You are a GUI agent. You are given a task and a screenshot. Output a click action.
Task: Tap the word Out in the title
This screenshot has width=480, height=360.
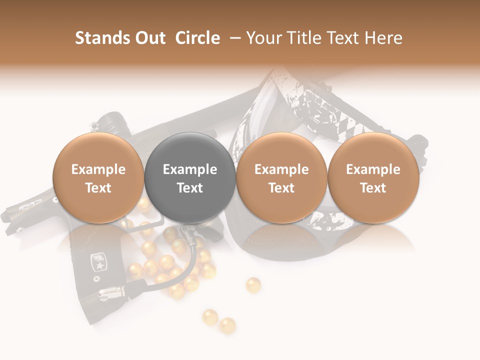tap(148, 38)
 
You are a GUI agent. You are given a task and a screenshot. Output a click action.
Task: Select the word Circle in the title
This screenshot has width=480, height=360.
tap(197, 38)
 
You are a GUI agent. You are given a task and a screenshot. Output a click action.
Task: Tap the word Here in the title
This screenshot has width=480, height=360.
tap(385, 38)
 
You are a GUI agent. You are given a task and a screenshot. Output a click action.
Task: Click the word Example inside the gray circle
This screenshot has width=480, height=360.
tap(190, 169)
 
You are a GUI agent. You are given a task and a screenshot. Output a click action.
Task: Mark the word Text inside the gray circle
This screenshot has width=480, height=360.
tap(190, 188)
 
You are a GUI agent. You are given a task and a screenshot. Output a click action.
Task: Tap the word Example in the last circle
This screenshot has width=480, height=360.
tap(373, 169)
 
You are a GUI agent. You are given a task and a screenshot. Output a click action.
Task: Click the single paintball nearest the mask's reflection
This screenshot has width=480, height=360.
tap(253, 285)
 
